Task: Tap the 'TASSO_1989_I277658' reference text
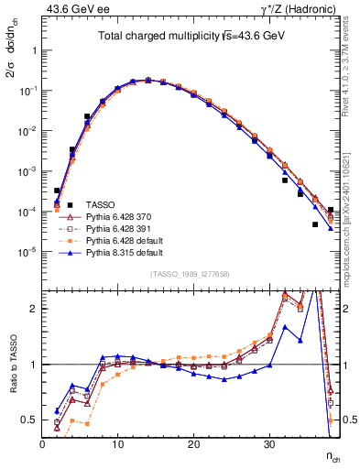click(x=191, y=274)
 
